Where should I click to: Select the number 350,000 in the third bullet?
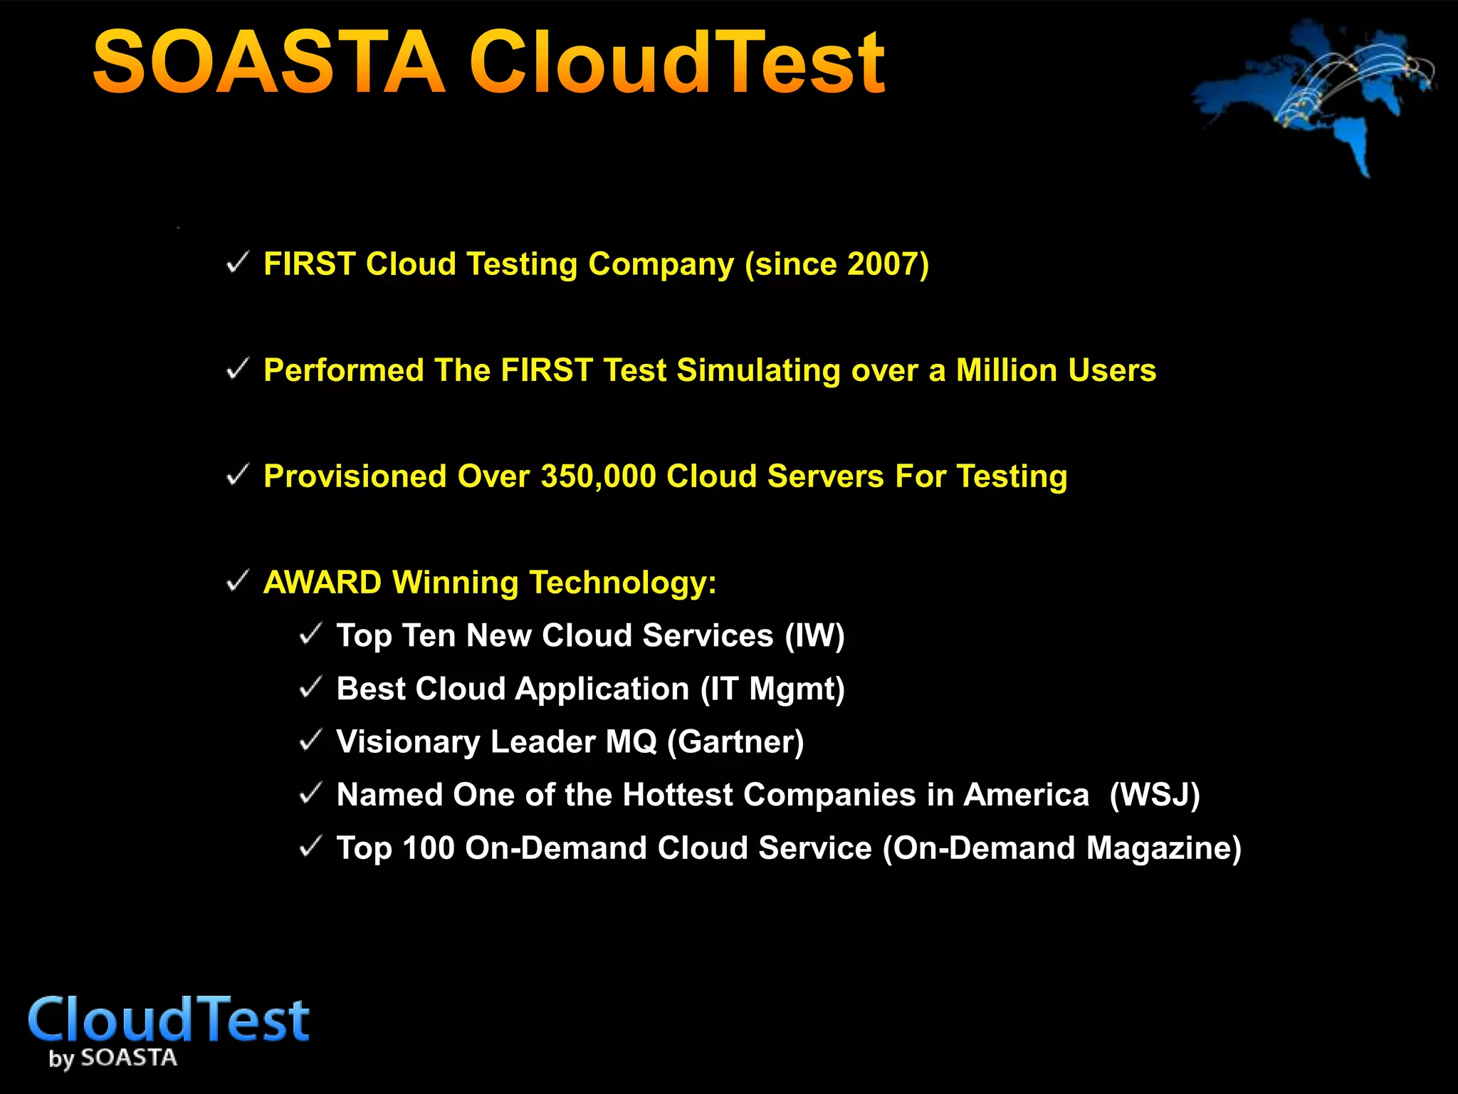click(598, 476)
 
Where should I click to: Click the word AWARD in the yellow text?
click(322, 583)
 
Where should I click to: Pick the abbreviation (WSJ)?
click(1154, 795)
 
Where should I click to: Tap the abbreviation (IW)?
click(814, 635)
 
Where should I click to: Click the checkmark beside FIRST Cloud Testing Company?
click(237, 263)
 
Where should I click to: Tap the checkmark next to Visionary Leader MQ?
click(311, 741)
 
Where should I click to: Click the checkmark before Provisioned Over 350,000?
click(237, 475)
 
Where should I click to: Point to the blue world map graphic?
click(1317, 93)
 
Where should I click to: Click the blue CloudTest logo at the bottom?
click(169, 1020)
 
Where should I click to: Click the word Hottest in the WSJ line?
click(677, 795)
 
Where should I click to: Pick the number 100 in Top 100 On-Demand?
click(428, 848)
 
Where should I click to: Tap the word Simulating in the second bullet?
click(758, 370)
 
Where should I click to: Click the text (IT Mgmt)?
click(772, 689)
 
